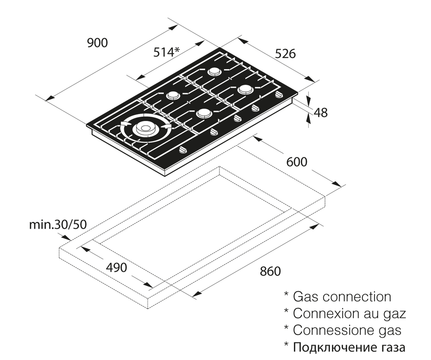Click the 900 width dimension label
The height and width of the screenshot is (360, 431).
97,43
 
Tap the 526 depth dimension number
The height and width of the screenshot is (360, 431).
285,54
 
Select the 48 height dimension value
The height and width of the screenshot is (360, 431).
321,113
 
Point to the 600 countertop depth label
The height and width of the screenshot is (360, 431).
297,162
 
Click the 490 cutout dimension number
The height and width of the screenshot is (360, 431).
116,267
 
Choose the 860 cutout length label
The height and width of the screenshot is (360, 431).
270,271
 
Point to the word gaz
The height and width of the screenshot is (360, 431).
394,314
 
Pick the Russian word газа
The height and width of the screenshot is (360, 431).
391,348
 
